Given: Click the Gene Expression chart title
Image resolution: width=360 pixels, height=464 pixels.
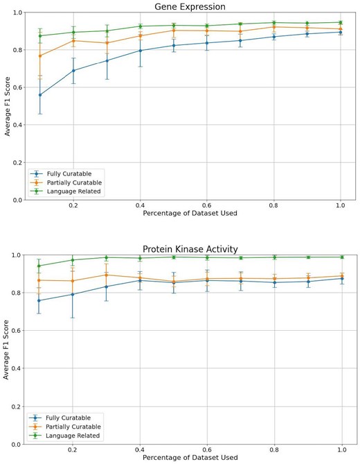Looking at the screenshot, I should click(x=189, y=7).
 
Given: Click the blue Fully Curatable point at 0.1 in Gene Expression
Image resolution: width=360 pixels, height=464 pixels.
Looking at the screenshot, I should click(x=40, y=95).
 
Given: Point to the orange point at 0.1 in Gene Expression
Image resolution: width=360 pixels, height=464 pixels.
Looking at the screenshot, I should click(x=40, y=55).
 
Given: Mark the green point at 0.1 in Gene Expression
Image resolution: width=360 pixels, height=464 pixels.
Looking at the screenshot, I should click(x=40, y=36).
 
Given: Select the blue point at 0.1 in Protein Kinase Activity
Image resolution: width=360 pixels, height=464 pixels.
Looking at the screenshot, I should click(x=40, y=300).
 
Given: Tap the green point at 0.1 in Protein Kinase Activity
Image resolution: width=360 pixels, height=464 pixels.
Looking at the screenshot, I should click(x=40, y=266).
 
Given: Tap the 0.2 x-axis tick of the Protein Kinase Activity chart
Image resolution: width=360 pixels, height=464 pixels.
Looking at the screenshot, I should click(x=73, y=450).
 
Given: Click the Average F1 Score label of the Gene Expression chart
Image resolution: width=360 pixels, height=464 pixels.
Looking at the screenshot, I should click(x=6, y=106).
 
